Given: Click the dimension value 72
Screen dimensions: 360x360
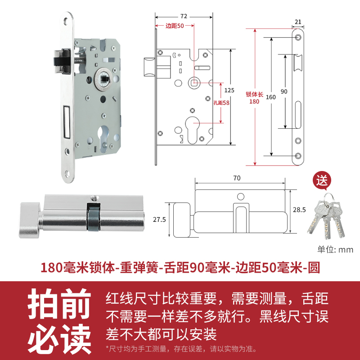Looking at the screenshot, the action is pos(183,9).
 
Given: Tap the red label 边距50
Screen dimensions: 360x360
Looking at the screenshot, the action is pos(175,26).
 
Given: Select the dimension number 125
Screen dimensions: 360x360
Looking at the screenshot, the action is pos(229,90).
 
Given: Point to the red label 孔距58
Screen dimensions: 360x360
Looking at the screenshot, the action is pos(221,103).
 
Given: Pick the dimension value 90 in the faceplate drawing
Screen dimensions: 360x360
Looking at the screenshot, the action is pos(283,91).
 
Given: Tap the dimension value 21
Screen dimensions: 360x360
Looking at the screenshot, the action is pos(297,21).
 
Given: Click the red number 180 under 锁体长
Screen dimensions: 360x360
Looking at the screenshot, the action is pos(255,101).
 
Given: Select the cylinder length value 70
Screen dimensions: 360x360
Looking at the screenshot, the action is pos(237,178).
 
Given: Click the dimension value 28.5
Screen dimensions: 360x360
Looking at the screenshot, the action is pos(299,210).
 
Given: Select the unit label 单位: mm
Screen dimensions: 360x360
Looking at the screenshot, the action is pos(335,250).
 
